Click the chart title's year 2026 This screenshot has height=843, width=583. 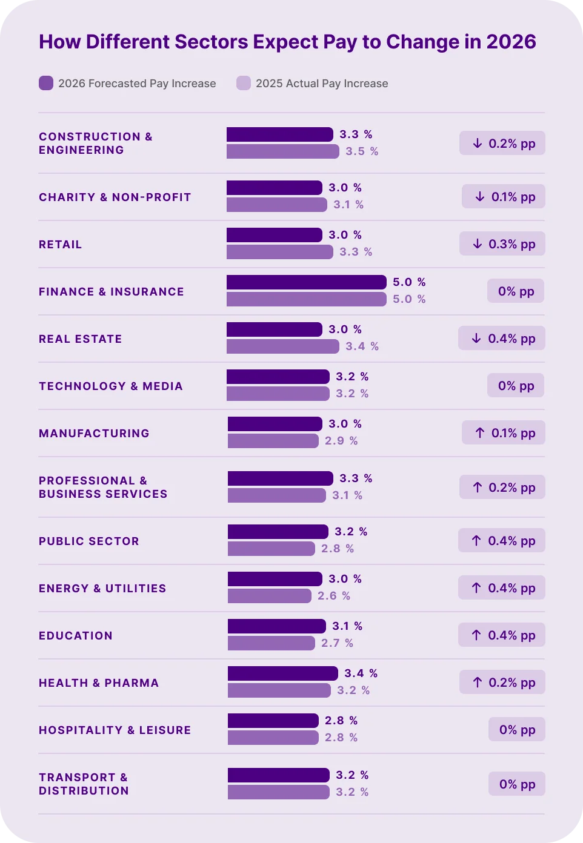point(510,42)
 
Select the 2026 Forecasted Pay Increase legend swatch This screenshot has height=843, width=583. point(46,83)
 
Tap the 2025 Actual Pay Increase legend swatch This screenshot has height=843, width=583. point(244,83)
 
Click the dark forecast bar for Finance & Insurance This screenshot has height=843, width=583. point(306,282)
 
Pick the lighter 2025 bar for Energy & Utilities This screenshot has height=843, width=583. point(269,596)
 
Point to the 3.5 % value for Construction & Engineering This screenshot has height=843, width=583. point(362,151)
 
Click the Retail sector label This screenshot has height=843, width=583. point(60,245)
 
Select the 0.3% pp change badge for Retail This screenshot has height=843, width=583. point(502,244)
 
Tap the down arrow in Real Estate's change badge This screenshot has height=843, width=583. point(476,339)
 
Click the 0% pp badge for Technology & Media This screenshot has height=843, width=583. point(516,386)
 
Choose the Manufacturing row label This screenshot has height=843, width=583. point(94,434)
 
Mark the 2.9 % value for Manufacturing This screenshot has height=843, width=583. point(341,441)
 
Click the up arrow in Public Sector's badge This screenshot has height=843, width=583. point(476,541)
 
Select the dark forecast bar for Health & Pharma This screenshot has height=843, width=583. point(282,673)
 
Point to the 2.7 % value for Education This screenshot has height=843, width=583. point(337,643)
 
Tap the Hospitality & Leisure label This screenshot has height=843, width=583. point(115,730)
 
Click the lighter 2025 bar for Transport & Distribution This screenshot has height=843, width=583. point(278,792)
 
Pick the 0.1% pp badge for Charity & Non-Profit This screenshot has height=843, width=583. point(503,197)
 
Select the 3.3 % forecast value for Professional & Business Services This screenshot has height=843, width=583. point(356,478)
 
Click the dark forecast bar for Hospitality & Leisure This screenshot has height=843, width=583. point(273,721)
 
